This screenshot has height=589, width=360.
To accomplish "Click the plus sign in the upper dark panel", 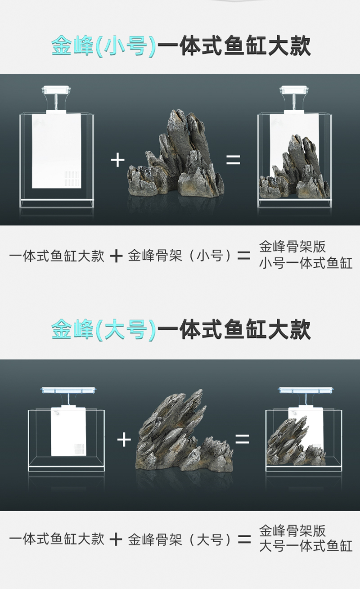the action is point(117,160).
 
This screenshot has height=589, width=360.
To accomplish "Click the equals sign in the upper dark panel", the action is point(233,160).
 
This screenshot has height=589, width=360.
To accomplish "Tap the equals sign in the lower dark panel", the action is point(242,439).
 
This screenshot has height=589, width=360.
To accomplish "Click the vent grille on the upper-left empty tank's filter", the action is point(72,179).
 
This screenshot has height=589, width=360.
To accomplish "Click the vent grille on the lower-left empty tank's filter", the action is point(79,450).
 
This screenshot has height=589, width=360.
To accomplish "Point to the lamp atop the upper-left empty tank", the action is point(56,90).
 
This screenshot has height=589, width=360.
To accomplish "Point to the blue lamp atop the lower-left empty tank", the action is point(68,390).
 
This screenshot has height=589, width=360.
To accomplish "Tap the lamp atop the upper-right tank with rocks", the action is point(294,90).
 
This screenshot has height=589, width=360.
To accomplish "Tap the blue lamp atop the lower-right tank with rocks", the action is point(306,390).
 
